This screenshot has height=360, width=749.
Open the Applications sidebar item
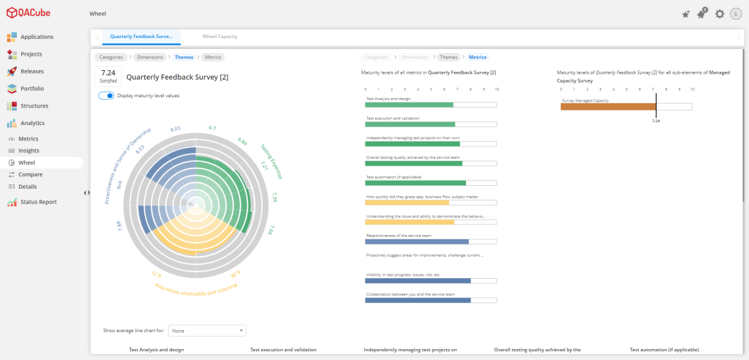37,37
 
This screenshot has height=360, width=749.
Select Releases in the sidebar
31,71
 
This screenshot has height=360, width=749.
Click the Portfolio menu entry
31,89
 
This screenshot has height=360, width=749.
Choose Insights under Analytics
29,151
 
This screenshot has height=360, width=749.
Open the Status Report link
38,202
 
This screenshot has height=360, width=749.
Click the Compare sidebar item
30,174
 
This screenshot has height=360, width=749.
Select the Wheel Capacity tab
219,37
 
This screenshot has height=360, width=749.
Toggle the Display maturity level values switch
106,96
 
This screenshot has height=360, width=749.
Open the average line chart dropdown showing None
207,331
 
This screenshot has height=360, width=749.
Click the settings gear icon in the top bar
720,14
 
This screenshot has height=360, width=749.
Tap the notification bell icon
701,14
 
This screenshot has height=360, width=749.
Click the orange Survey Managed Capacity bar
608,107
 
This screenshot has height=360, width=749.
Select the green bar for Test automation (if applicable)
415,183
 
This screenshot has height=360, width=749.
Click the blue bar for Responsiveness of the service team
417,241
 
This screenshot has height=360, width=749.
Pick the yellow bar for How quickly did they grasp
407,203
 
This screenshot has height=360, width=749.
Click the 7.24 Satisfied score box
108,76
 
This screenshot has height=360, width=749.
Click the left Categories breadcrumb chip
111,56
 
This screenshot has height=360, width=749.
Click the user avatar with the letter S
736,14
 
